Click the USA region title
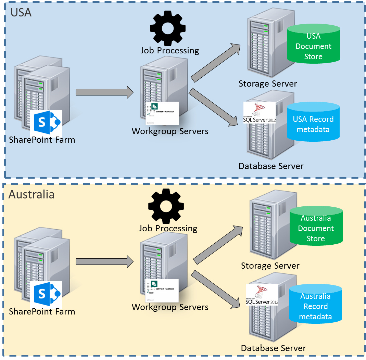(x=21, y=13)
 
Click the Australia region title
(x=31, y=194)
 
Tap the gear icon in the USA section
(x=168, y=28)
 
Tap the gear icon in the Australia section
(x=166, y=205)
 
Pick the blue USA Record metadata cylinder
(x=313, y=123)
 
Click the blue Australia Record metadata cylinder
(x=315, y=305)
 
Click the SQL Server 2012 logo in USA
(x=259, y=113)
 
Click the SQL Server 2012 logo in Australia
(x=262, y=295)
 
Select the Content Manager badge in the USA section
(x=162, y=113)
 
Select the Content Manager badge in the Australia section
(x=162, y=291)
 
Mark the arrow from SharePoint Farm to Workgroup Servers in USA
(x=104, y=92)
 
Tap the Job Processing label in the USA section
(x=170, y=51)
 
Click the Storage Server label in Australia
(x=270, y=266)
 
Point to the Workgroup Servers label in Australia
(x=170, y=307)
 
